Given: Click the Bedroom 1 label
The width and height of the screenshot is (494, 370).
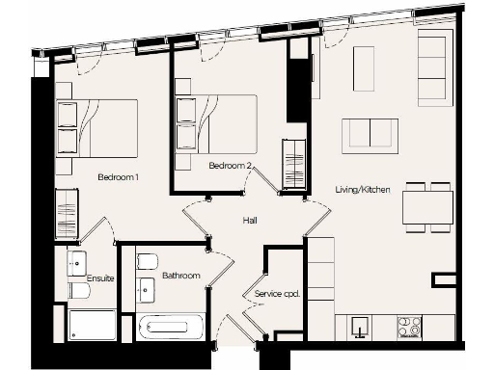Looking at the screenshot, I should [118, 177].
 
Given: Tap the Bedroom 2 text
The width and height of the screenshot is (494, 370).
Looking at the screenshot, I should [231, 166].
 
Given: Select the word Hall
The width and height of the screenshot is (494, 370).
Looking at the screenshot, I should [250, 221].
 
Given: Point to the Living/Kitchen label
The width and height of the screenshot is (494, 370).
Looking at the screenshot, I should [362, 190].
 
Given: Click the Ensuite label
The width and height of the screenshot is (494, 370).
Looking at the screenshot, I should [99, 277].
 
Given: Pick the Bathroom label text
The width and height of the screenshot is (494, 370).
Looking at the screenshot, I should [180, 276].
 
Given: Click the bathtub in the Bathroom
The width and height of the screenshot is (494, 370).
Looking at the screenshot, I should [171, 329].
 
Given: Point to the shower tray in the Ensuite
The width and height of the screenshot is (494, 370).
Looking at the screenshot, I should [93, 325].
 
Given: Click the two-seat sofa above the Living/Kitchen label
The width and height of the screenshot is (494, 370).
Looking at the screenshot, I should [370, 133].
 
